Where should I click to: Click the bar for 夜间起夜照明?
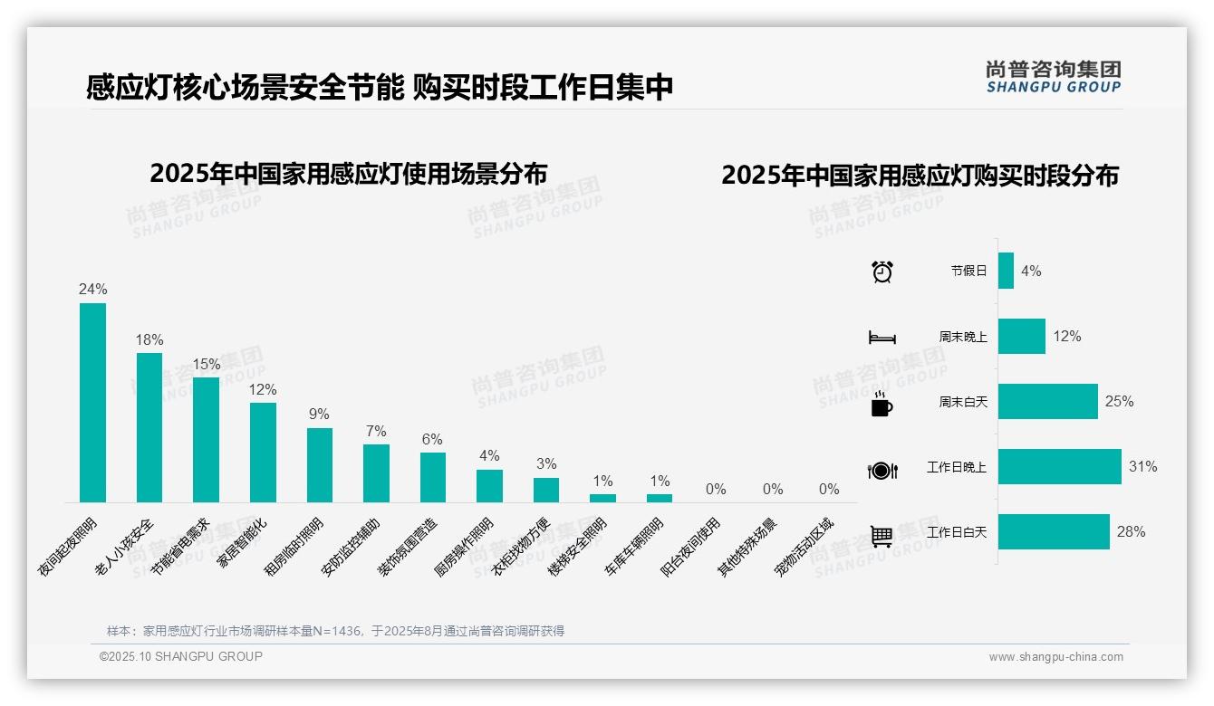[x=92, y=403]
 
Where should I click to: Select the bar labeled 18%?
[x=149, y=427]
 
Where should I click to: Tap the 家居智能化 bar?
[x=263, y=452]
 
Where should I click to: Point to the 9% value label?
[x=319, y=415]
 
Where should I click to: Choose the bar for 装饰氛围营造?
[x=432, y=477]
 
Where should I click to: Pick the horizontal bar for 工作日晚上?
[x=1059, y=467]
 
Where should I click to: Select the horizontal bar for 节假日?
[x=1006, y=271]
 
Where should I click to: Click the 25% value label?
[x=1119, y=401]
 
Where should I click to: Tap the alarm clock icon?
[x=882, y=272]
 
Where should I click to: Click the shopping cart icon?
[x=882, y=536]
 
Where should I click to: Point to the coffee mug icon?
[x=882, y=405]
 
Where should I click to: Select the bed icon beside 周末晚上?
[x=882, y=338]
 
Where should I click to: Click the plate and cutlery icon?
[x=882, y=471]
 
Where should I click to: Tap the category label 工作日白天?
[x=957, y=532]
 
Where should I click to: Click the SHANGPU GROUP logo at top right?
[x=1053, y=77]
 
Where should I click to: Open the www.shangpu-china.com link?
[x=1055, y=657]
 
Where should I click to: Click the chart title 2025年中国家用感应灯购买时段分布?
[x=920, y=175]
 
